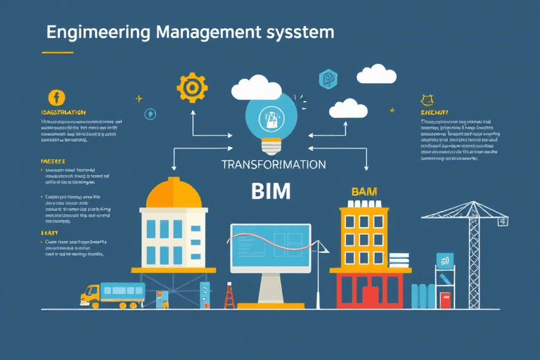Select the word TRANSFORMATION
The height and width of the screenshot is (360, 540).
274,164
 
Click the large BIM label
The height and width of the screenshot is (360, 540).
271,191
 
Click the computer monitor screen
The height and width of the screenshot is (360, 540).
270,246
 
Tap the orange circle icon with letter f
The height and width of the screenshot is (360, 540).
56,98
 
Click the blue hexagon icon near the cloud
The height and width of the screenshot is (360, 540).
328,79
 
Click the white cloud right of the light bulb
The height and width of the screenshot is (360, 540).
349,108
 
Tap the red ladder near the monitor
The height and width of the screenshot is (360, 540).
229,296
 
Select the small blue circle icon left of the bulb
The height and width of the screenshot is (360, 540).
150,114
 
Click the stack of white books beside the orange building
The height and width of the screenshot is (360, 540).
399,260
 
